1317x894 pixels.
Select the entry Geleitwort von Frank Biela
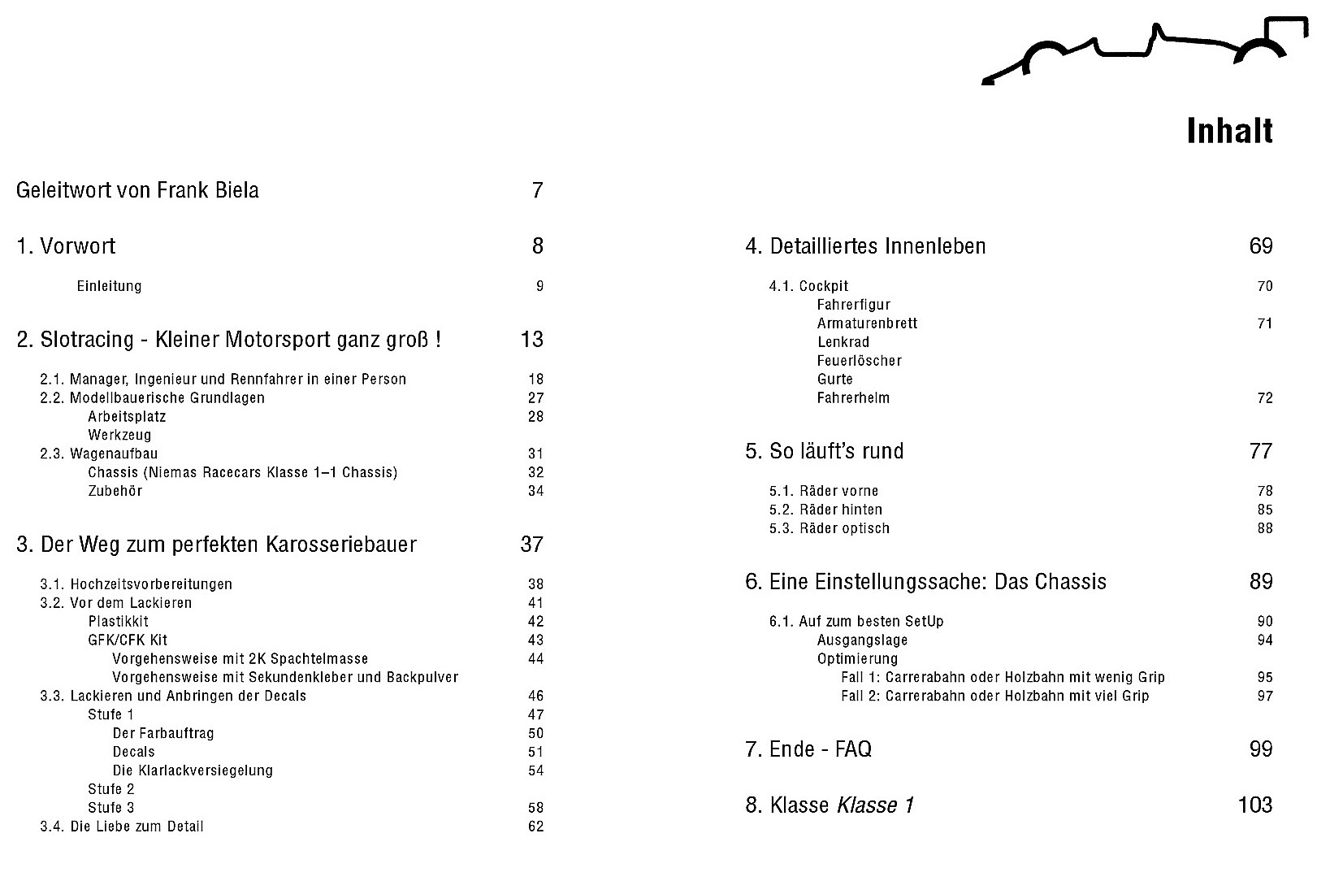click(137, 191)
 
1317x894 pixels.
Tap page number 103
click(1254, 805)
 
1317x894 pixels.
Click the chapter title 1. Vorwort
click(66, 246)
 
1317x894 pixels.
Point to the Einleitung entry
click(109, 286)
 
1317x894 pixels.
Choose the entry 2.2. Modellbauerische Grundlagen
click(152, 398)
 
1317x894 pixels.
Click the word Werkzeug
click(119, 436)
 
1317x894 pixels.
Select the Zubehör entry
click(115, 491)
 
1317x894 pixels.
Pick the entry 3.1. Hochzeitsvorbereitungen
click(136, 584)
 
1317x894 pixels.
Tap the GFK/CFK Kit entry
click(128, 640)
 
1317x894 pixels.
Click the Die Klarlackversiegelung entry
click(193, 770)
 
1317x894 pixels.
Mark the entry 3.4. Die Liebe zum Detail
click(122, 827)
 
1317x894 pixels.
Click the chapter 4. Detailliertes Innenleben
click(865, 246)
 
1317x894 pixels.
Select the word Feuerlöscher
click(859, 361)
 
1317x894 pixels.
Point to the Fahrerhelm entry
click(853, 398)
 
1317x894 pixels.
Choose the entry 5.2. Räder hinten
click(825, 510)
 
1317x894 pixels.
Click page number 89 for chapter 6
click(1261, 582)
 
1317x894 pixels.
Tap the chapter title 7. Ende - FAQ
click(808, 749)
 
